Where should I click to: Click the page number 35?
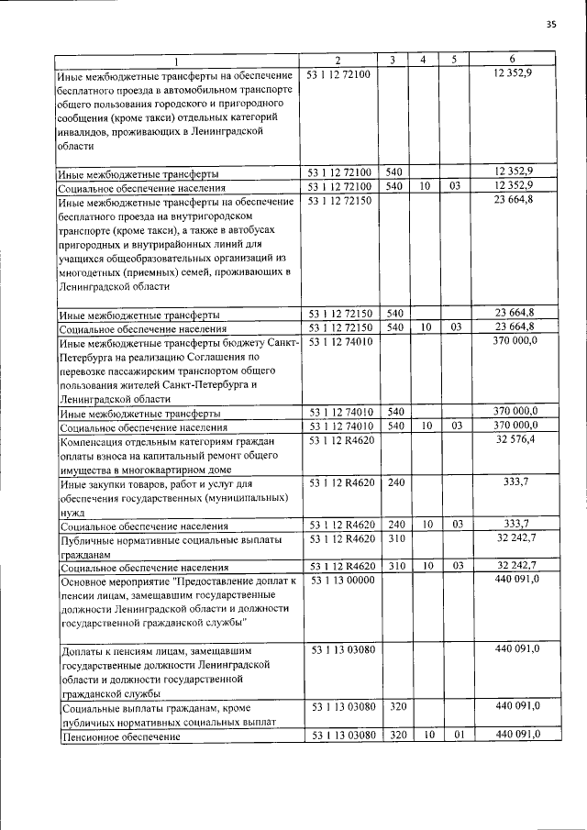550,24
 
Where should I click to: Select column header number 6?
513,60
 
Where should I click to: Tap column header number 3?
392,60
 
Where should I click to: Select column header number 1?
176,60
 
